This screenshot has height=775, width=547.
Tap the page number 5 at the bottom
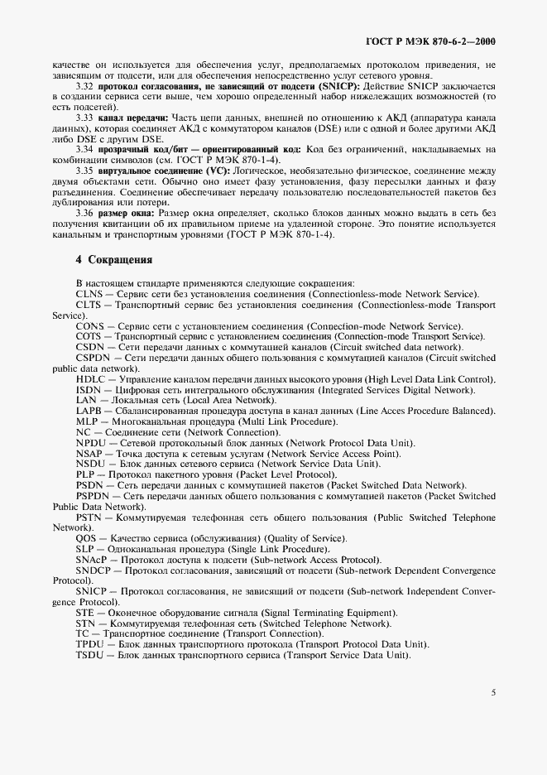pyautogui.click(x=492, y=692)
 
